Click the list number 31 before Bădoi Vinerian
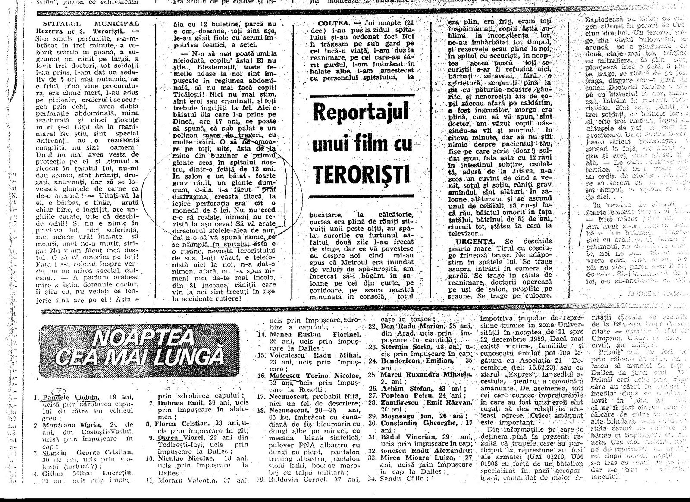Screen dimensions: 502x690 [x=373, y=437]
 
